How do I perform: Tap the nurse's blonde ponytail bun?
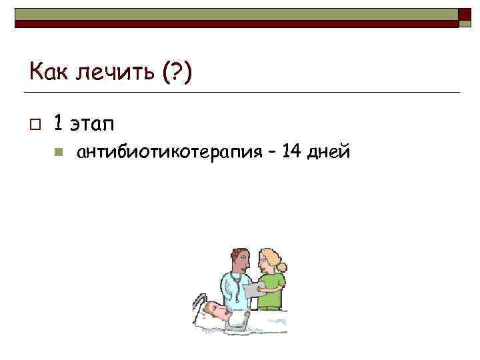click(x=283, y=267)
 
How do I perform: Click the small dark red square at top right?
click(x=465, y=15)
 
